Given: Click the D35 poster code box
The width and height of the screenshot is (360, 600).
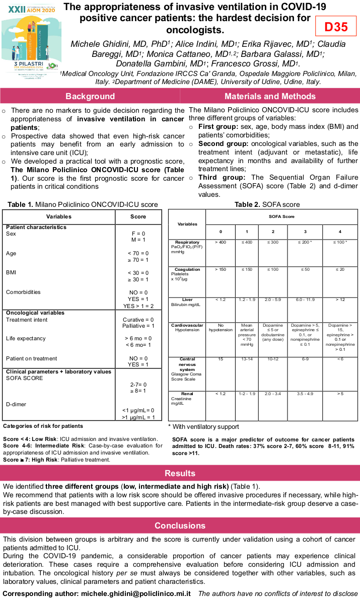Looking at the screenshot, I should (336, 27).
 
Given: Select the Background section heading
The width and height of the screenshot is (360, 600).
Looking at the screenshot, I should (90, 96).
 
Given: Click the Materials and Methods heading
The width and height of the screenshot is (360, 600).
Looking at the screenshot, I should (270, 96).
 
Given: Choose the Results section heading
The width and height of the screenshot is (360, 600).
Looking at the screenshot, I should (180, 473).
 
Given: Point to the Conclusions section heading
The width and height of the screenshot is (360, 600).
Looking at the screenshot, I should (180, 526).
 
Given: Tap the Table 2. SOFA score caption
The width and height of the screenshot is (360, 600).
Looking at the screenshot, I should (267, 205).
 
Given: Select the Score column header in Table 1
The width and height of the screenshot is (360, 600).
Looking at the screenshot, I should (138, 217).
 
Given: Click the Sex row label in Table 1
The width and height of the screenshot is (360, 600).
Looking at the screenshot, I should (11, 234).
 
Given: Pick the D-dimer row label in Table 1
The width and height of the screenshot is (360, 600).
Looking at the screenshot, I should (16, 404).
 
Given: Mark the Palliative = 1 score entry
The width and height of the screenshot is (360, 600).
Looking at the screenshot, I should (138, 326).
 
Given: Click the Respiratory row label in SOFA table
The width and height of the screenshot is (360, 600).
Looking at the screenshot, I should (187, 243).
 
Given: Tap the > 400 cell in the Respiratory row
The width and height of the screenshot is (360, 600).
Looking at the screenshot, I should (220, 243).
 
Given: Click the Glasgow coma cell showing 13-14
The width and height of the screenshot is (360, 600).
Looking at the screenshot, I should (247, 359).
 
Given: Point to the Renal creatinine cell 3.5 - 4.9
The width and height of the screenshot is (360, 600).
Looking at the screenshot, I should (306, 394).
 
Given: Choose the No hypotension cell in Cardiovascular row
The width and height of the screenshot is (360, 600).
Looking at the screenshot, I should (221, 328).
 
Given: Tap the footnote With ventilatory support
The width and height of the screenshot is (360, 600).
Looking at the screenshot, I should (198, 427).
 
